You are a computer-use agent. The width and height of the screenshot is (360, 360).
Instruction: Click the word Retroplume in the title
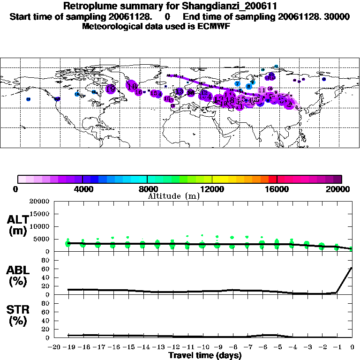pyautogui.click(x=90, y=6)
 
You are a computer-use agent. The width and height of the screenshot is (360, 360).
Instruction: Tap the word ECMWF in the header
pyautogui.click(x=213, y=26)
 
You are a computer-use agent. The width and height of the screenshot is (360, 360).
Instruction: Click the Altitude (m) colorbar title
pyautogui.click(x=173, y=196)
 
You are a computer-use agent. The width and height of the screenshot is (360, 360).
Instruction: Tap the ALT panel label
pyautogui.click(x=18, y=220)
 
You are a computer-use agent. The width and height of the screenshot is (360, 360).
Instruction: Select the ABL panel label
pyautogui.click(x=18, y=270)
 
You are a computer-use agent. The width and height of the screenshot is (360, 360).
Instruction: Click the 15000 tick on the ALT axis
pyautogui.click(x=40, y=214)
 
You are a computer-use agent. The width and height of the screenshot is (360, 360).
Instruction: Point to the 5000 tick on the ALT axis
pyautogui.click(x=42, y=239)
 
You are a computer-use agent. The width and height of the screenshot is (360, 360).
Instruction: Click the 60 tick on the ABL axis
pyautogui.click(x=46, y=269)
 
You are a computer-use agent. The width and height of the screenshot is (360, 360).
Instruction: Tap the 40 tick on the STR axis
pyautogui.click(x=46, y=320)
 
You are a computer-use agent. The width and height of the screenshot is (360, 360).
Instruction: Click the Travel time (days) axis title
pyautogui.click(x=205, y=355)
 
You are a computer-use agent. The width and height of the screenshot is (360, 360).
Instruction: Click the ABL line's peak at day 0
pyautogui.click(x=352, y=268)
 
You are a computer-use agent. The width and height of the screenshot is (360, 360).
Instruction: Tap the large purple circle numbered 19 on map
pyautogui.click(x=111, y=88)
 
